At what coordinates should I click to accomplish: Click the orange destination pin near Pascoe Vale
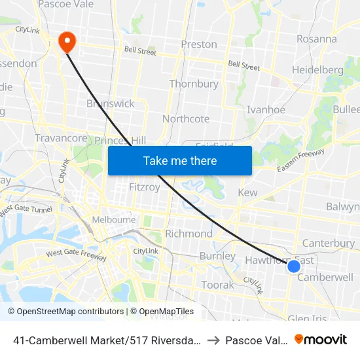[x=67, y=43]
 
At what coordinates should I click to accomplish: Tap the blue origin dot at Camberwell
[x=294, y=266]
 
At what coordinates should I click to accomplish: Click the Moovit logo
[x=321, y=339]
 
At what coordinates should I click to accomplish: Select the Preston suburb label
[x=199, y=45]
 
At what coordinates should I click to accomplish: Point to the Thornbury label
[x=194, y=84]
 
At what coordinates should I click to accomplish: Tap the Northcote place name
[x=186, y=118]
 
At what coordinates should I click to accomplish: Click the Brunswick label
[x=110, y=103]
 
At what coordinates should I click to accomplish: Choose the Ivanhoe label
[x=266, y=110]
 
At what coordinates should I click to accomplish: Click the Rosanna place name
[x=316, y=39]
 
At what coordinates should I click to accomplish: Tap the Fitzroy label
[x=145, y=187]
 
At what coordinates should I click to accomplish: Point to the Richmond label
[x=189, y=234]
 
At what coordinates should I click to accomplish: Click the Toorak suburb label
[x=217, y=285]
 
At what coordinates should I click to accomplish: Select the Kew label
[x=247, y=192]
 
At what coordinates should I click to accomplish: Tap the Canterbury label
[x=329, y=243]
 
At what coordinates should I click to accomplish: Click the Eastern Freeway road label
[x=300, y=160]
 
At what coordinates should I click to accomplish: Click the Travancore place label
[x=61, y=138]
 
